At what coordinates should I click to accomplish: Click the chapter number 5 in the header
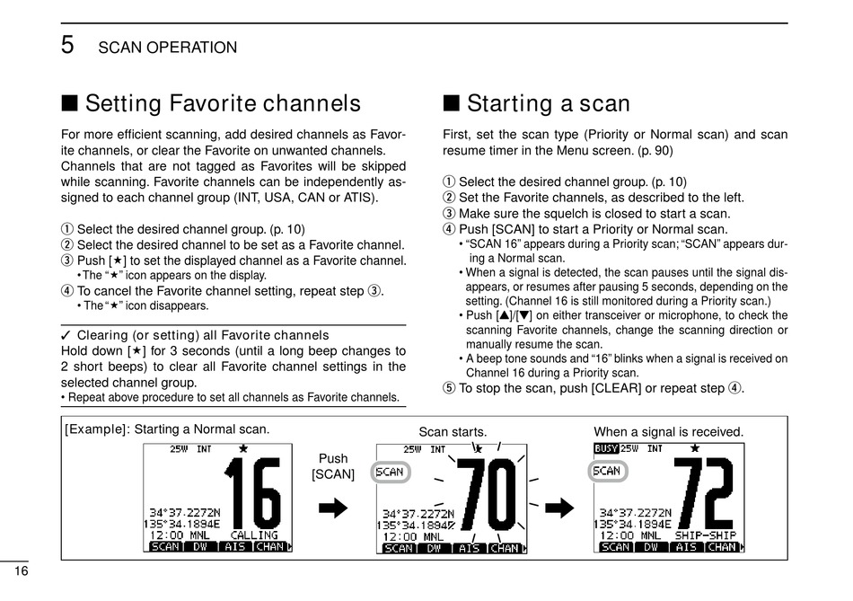point(67,45)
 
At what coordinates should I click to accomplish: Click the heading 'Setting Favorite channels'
point(223,103)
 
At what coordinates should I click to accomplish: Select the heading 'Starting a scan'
point(549,103)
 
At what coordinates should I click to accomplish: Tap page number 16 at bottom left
point(22,571)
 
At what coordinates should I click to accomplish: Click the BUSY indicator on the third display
point(607,448)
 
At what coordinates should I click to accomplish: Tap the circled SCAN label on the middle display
point(391,472)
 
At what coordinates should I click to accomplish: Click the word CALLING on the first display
point(254,535)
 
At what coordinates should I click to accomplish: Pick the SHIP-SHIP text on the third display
point(706,535)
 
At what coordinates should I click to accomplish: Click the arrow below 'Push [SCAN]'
point(333,508)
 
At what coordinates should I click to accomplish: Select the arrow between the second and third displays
point(559,508)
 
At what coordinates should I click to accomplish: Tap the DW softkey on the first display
point(200,546)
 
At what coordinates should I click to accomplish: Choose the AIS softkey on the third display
point(687,546)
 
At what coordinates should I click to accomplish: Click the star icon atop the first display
point(243,448)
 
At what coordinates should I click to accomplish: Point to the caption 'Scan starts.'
point(453,432)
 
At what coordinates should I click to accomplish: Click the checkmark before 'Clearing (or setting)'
point(66,335)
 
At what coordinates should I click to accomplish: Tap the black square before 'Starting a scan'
point(451,102)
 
